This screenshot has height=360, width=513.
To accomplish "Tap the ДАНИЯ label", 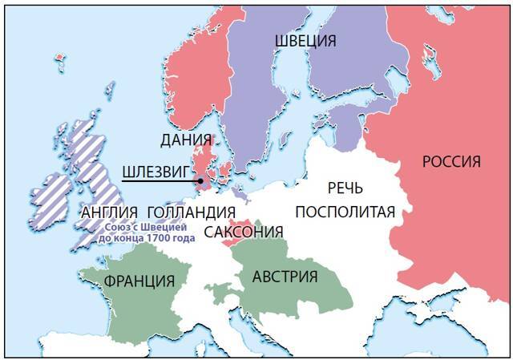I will click(x=187, y=140).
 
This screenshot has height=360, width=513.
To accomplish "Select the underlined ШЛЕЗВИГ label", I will click(x=154, y=172).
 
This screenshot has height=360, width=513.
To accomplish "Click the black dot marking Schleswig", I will click(x=199, y=182).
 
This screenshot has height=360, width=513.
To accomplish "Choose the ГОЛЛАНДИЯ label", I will click(x=192, y=214).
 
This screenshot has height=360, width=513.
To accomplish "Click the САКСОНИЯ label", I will click(x=244, y=233).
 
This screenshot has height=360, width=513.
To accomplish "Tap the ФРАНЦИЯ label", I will click(x=139, y=281).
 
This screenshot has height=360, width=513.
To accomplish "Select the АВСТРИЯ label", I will click(x=285, y=277).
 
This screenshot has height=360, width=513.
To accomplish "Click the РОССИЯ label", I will click(x=451, y=162).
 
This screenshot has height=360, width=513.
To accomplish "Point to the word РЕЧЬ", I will click(x=345, y=189).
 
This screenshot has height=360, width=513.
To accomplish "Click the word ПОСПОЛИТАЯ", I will click(x=345, y=212).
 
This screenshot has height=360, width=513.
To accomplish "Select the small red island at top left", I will click(x=59, y=58).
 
